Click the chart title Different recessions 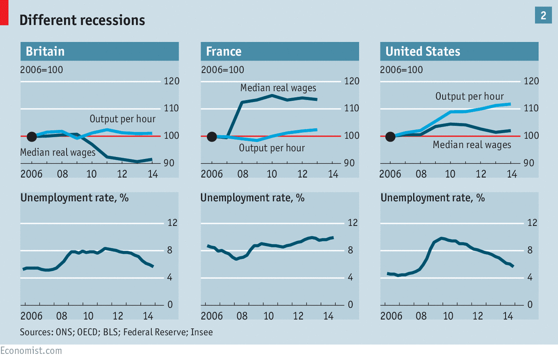pos(82,21)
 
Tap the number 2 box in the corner pos(543,16)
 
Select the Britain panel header pos(99,51)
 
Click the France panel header pos(279,51)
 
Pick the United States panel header pos(459,51)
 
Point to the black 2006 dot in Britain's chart pos(31,136)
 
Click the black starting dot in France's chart pos(211,136)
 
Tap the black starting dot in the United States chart pos(390,136)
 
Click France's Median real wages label pos(278,88)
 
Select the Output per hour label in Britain pos(122,119)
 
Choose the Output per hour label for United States pos(469,97)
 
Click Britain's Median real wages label pos(58,152)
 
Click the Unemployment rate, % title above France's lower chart pos(252,198)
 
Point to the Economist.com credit pos(31,351)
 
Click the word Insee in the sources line pos(203,332)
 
